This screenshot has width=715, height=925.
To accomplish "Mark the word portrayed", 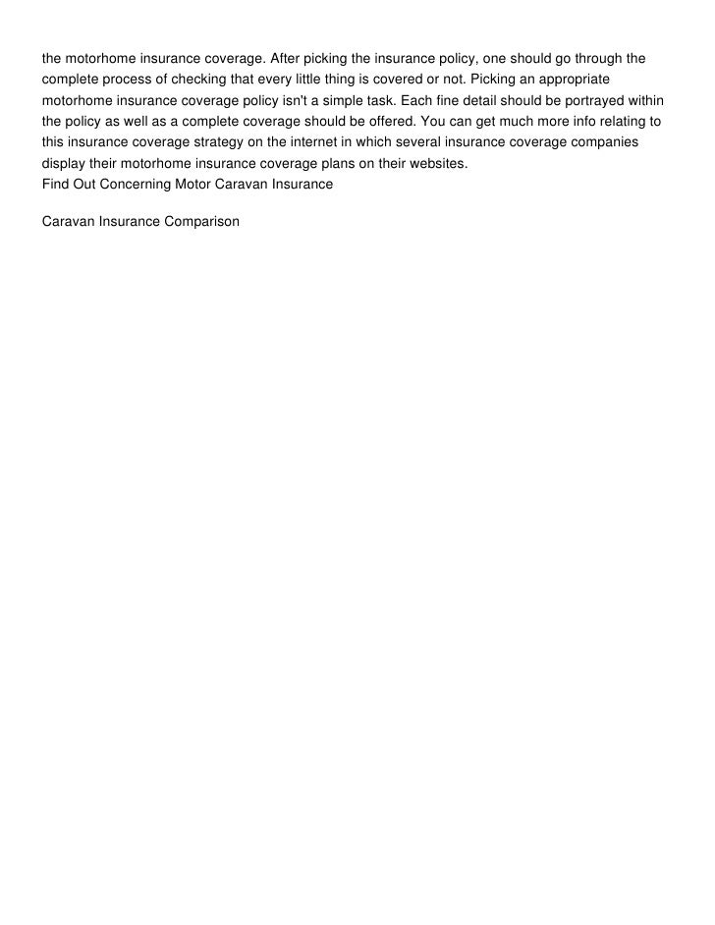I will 588,100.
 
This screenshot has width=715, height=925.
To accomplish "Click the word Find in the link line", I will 55,184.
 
